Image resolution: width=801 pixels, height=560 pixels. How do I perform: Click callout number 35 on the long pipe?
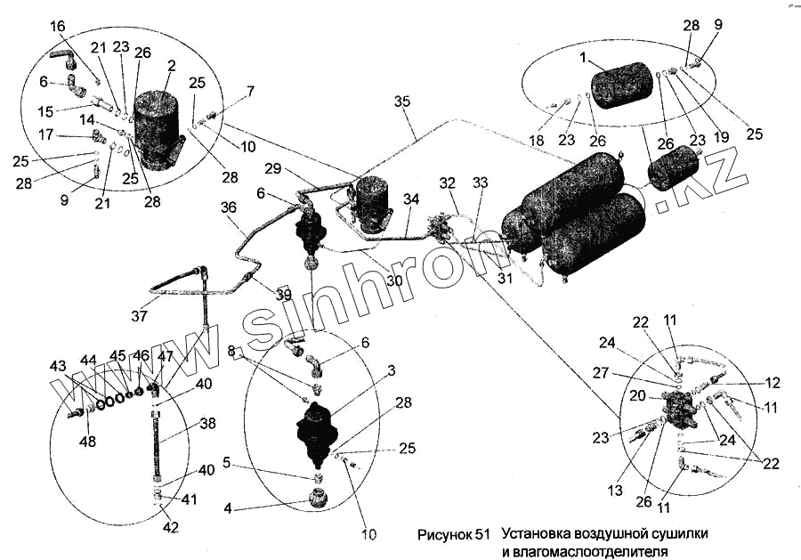pyautogui.click(x=402, y=103)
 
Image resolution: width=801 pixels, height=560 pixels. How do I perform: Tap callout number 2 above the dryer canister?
pyautogui.click(x=171, y=66)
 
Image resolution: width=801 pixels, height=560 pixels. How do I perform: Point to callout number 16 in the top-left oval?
pyautogui.click(x=57, y=28)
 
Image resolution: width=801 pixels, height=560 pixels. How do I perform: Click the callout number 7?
pyautogui.click(x=251, y=91)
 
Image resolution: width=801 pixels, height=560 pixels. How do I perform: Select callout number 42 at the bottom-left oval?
pyautogui.click(x=170, y=527)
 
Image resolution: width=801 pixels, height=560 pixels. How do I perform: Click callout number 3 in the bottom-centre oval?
pyautogui.click(x=391, y=371)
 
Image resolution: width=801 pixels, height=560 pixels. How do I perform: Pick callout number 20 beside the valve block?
pyautogui.click(x=637, y=395)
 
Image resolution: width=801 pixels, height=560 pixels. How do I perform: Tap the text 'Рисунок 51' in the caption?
pyautogui.click(x=453, y=536)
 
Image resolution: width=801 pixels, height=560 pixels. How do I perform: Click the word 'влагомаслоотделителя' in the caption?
pyautogui.click(x=584, y=553)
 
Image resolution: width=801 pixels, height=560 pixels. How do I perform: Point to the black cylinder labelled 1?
pyautogui.click(x=622, y=85)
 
